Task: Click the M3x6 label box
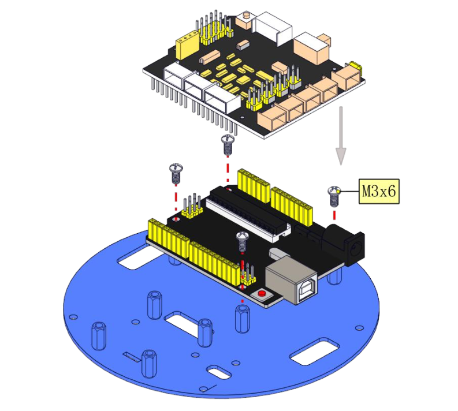[378, 191]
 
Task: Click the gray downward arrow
[341, 136]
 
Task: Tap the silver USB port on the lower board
[291, 280]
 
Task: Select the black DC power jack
[344, 244]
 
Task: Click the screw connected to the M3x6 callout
[334, 196]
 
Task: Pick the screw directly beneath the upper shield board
[228, 144]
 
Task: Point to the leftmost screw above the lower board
[176, 173]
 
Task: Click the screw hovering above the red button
[242, 241]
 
